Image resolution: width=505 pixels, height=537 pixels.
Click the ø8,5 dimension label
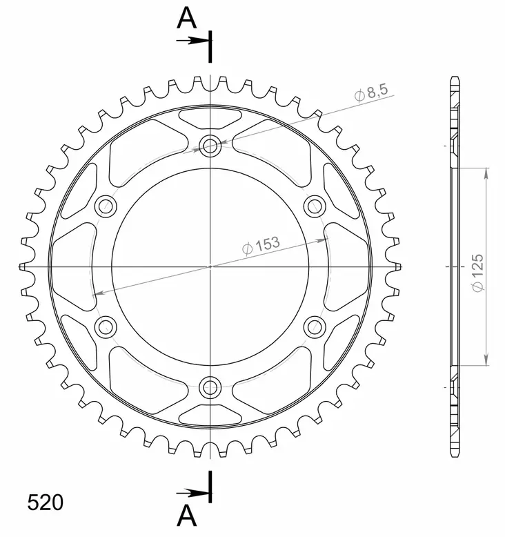click(x=373, y=92)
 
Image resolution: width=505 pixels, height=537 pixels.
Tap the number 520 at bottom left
click(x=46, y=502)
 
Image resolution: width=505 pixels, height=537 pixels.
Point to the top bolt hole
click(x=210, y=145)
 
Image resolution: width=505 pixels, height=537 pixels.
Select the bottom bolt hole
click(x=210, y=387)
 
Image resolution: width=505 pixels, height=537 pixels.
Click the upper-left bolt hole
click(x=106, y=206)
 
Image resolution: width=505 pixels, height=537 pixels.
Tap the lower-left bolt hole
click(x=106, y=326)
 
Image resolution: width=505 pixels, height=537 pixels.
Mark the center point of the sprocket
click(x=210, y=266)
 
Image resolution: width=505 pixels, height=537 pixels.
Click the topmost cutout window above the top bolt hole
click(x=210, y=117)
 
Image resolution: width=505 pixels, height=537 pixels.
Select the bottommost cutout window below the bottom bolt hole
click(x=210, y=415)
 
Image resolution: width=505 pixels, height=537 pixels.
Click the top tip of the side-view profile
click(x=454, y=77)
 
